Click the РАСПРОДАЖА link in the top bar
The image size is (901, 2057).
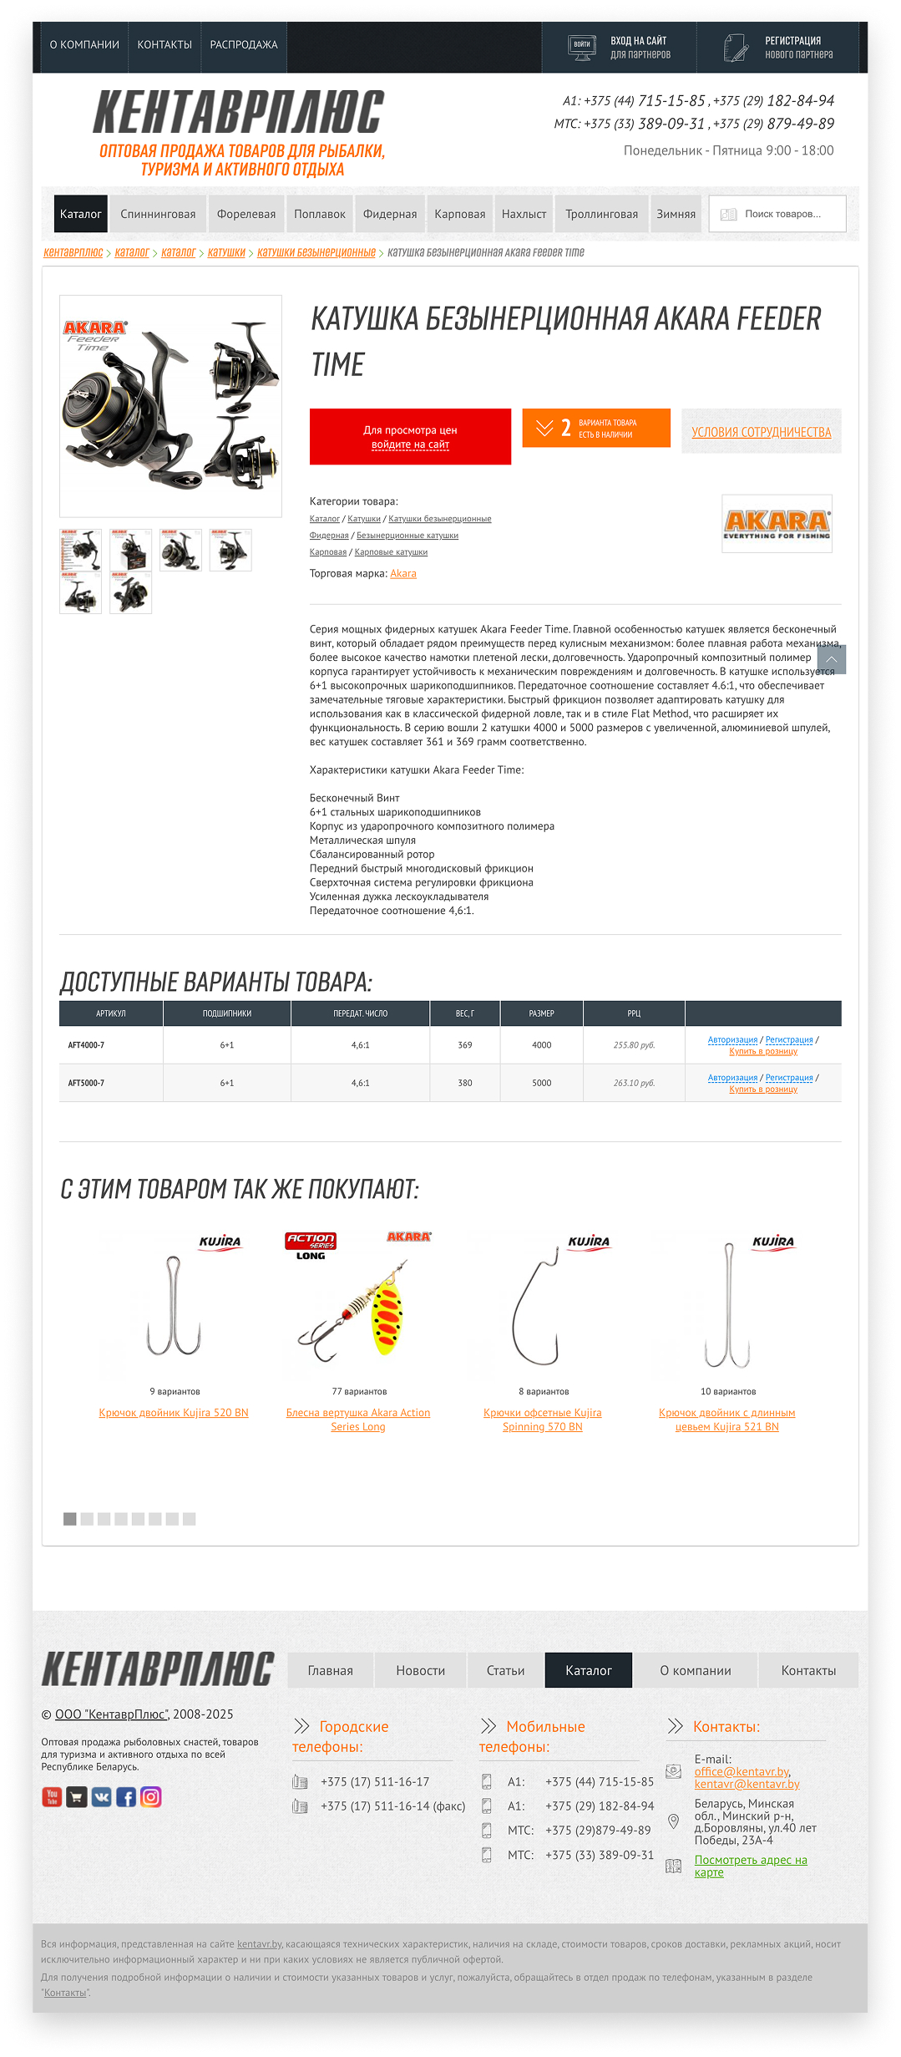pyautogui.click(x=243, y=45)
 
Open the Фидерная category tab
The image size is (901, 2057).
pyautogui.click(x=389, y=214)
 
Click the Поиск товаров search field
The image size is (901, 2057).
pyautogui.click(x=782, y=214)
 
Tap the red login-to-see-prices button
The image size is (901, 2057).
pyautogui.click(x=410, y=437)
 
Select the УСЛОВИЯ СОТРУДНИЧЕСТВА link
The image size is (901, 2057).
pyautogui.click(x=761, y=432)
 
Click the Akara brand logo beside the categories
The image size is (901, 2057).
pyautogui.click(x=777, y=524)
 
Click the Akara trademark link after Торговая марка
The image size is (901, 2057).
pyautogui.click(x=403, y=574)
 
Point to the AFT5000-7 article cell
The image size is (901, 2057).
pyautogui.click(x=87, y=1083)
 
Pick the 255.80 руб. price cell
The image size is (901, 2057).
pyautogui.click(x=634, y=1045)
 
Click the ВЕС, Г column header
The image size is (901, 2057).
pyautogui.click(x=464, y=1013)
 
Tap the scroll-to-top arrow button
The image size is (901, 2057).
pyautogui.click(x=831, y=659)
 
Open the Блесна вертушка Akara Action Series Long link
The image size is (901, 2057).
pyautogui.click(x=357, y=1420)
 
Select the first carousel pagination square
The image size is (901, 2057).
pyautogui.click(x=70, y=1519)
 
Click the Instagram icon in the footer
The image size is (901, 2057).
pyautogui.click(x=151, y=1797)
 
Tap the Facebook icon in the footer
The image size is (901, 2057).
pyautogui.click(x=126, y=1797)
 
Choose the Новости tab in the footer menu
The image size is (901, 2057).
pyautogui.click(x=420, y=1670)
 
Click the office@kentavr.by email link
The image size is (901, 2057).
pyautogui.click(x=742, y=1771)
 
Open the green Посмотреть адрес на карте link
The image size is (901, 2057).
pyautogui.click(x=750, y=1866)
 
